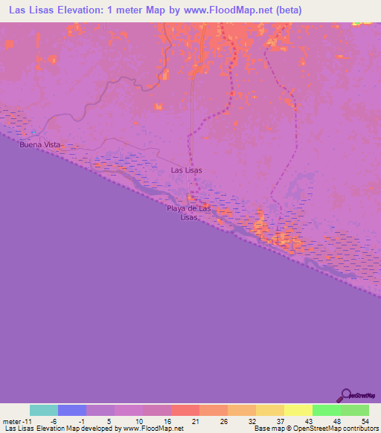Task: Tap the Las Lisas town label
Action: tap(186, 170)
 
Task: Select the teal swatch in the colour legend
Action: tap(44, 410)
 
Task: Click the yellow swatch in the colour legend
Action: tap(298, 410)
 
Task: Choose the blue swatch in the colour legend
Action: tap(72, 410)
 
